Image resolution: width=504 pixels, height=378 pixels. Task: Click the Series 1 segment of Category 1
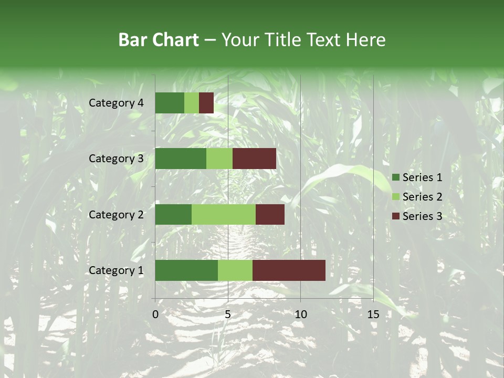(186, 270)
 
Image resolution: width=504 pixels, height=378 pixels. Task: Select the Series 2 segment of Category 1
(235, 270)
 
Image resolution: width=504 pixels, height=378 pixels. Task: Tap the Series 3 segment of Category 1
(289, 270)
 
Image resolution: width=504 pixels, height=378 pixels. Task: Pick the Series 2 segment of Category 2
(224, 214)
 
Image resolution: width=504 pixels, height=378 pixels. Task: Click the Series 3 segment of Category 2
(270, 214)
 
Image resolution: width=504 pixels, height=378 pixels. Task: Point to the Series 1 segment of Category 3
(181, 159)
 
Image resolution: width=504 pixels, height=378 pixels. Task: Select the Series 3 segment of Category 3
(254, 159)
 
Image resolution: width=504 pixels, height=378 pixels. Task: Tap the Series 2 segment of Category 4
(192, 103)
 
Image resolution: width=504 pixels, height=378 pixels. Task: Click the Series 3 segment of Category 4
(206, 103)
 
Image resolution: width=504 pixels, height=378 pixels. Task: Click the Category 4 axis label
(116, 103)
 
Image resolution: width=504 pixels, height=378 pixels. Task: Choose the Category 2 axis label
(116, 214)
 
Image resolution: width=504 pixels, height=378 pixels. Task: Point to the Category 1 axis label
(116, 270)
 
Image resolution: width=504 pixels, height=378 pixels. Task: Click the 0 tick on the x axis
(155, 314)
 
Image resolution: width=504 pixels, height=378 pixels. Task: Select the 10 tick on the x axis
(300, 314)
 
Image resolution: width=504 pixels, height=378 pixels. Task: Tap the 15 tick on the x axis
(373, 314)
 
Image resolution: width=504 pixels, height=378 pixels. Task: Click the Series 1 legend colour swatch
(395, 177)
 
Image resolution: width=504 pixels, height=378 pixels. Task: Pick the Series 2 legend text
(422, 197)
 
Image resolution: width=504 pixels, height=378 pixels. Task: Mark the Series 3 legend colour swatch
(395, 216)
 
